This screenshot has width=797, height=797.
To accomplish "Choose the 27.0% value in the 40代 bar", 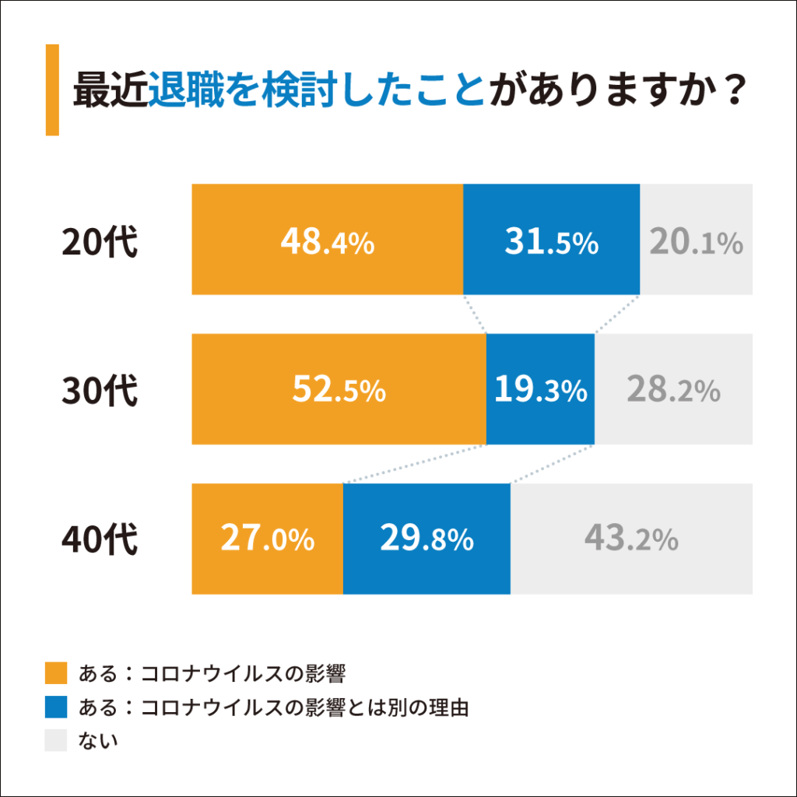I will tap(267, 539).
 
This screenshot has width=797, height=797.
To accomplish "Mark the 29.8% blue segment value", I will tap(427, 539).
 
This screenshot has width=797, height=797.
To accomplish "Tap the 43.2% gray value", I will tap(631, 539).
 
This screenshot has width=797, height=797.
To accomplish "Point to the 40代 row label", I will tap(100, 539).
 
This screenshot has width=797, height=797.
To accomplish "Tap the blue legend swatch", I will tap(57, 707).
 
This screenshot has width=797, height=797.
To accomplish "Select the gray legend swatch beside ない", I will tap(57, 740).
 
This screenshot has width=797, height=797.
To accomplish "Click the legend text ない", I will tap(98, 740).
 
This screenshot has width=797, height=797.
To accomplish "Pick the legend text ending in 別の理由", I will tap(273, 707).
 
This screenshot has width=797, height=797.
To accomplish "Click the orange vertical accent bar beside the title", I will tap(52, 90).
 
